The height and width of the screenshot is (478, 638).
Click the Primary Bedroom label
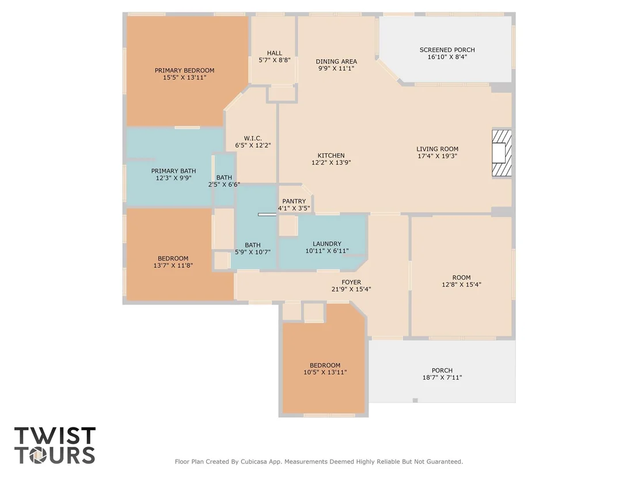[x=184, y=70]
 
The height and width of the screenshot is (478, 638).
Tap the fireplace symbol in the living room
[x=502, y=153]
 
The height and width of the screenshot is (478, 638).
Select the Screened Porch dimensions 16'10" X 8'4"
[x=447, y=57]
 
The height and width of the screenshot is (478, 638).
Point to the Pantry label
[x=294, y=201]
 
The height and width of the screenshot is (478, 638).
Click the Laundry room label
[x=326, y=244]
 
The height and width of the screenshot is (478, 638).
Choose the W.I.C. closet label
[x=253, y=138]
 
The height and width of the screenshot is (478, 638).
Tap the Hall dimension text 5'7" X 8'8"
[x=274, y=60]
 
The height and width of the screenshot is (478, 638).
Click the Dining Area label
[x=336, y=62]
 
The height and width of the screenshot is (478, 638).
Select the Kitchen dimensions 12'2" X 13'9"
[x=331, y=163]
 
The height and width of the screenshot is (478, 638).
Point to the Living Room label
[x=437, y=149]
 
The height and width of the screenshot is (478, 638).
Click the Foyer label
[x=351, y=282]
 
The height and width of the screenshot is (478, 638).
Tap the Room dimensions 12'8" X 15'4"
[x=461, y=285]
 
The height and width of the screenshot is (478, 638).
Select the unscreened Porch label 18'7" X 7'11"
[x=442, y=374]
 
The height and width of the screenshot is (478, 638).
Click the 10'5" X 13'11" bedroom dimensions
[x=325, y=372]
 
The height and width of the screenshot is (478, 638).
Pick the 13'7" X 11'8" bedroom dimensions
[x=173, y=265]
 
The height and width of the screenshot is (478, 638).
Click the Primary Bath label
[x=173, y=171]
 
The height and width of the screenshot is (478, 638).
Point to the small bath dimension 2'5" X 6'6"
[x=224, y=185]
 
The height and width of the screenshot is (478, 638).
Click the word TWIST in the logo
[x=55, y=436]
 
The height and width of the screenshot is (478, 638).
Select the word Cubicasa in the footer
[x=256, y=461]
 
